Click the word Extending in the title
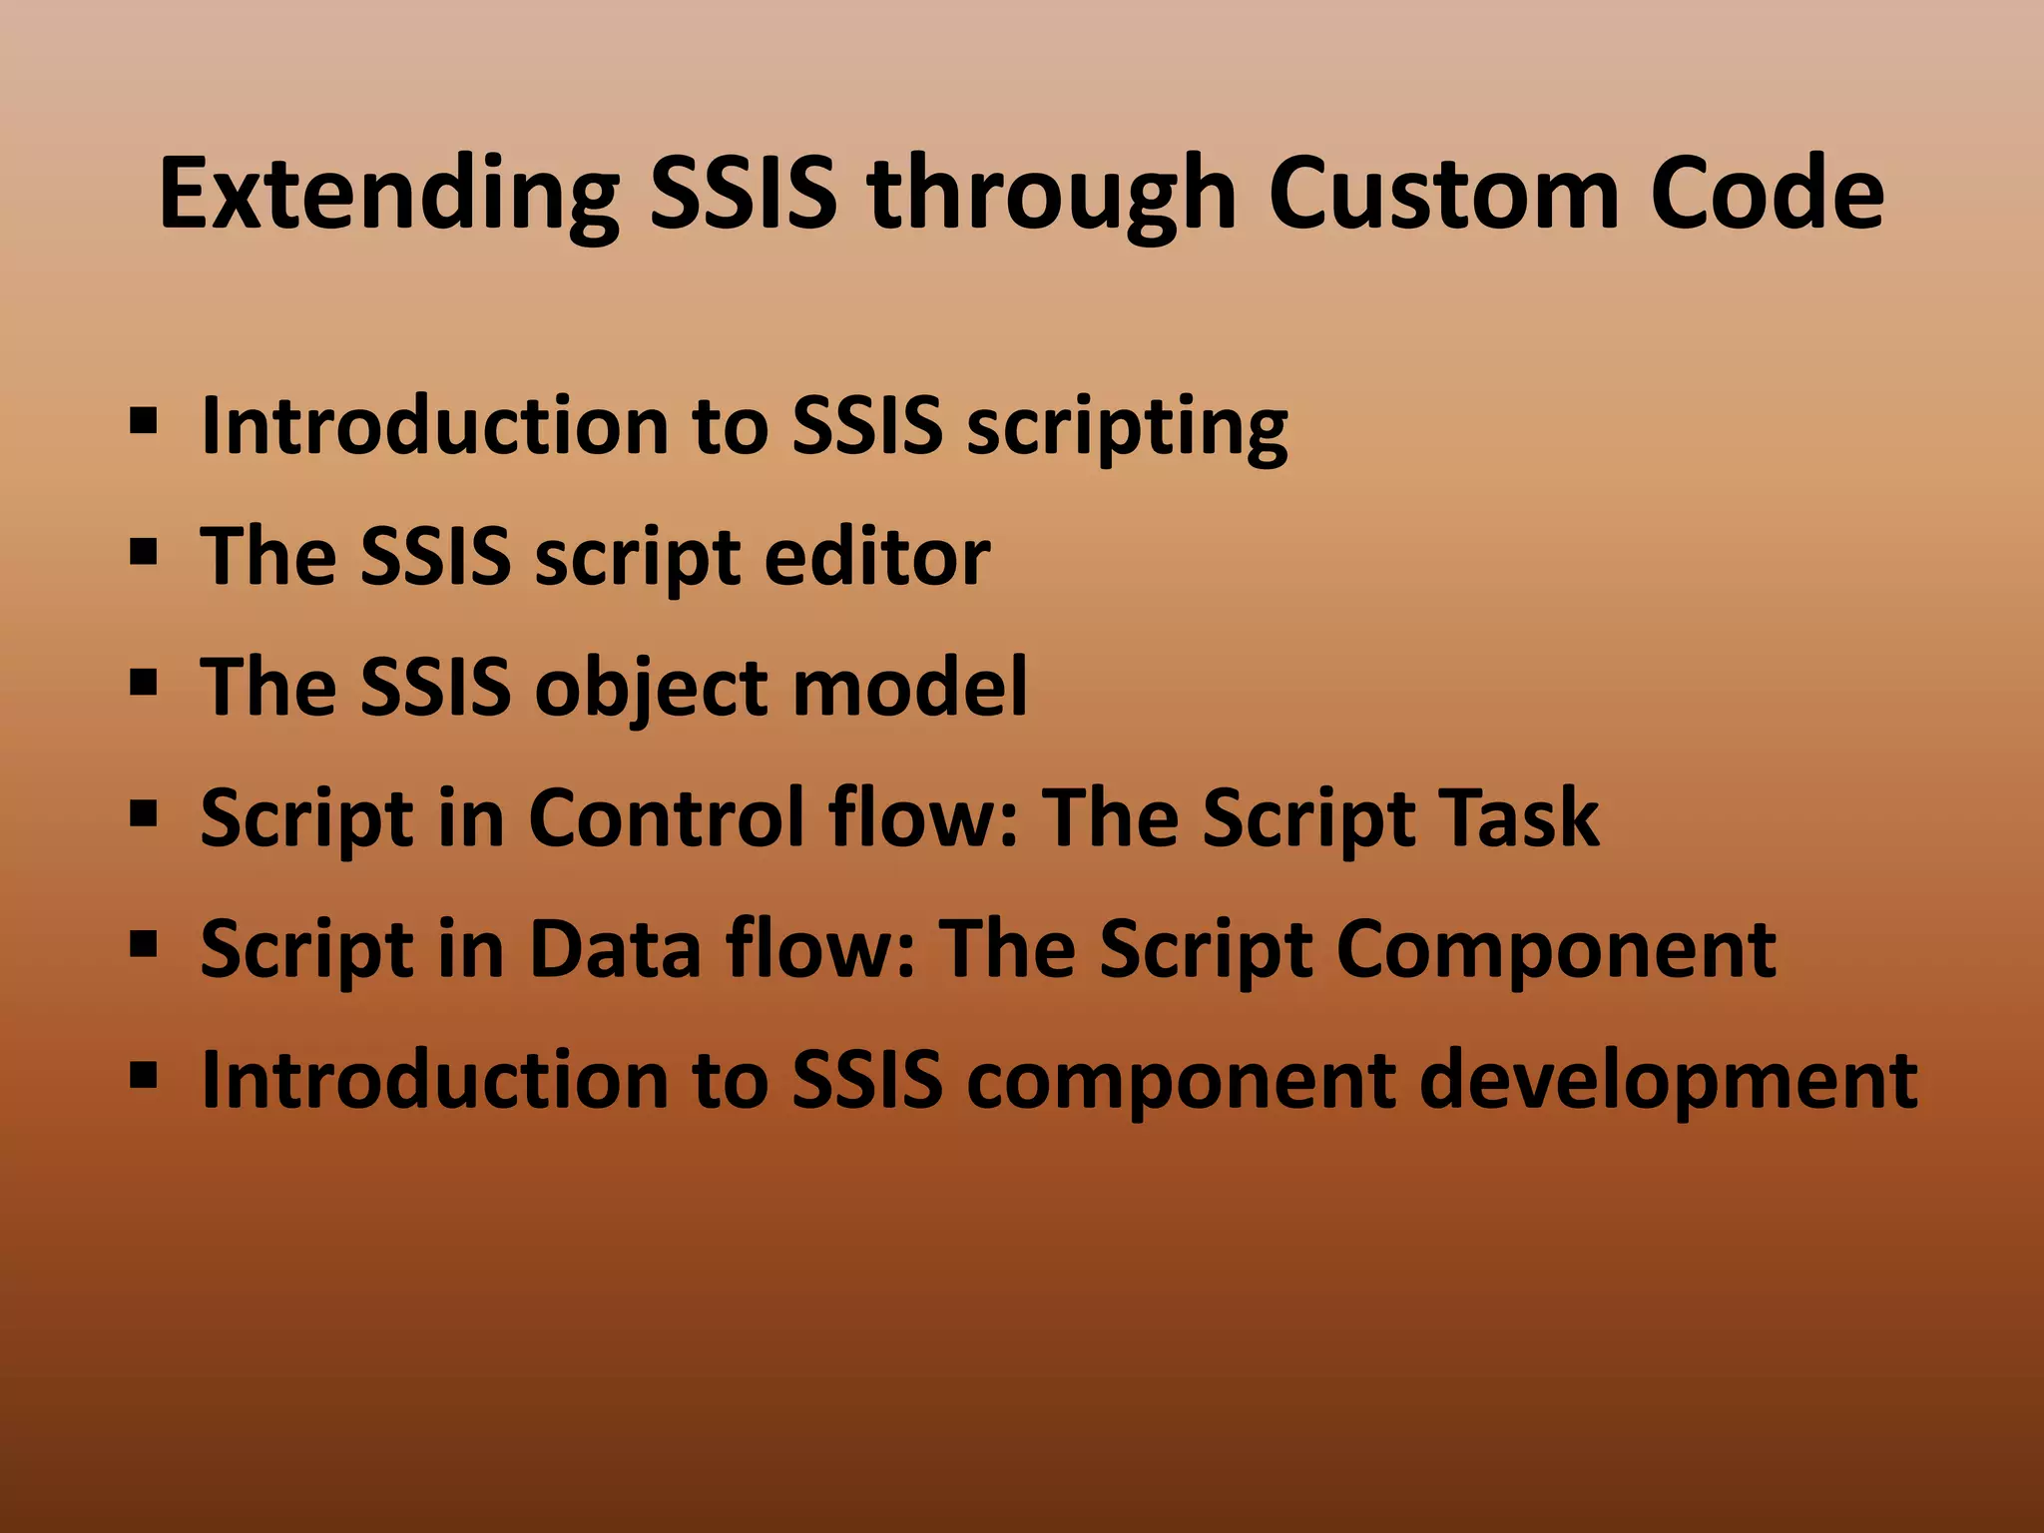tap(389, 195)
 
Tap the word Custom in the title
tap(1442, 195)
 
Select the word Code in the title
tap(1767, 195)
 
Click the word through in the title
tap(1053, 195)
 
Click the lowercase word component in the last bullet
tap(1180, 1082)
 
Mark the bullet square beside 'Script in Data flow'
tap(144, 942)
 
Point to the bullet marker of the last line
tap(144, 1074)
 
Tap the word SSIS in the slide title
tap(743, 195)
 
